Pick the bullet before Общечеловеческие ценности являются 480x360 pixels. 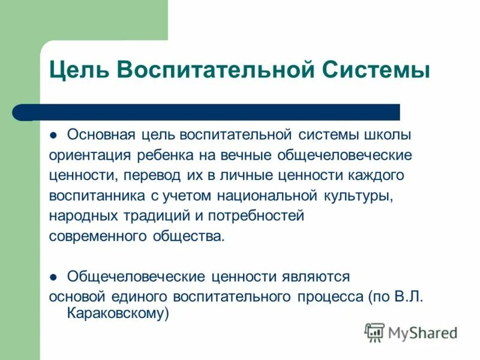[x=53, y=277]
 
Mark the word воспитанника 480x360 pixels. [x=97, y=196]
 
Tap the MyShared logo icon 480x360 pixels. [x=375, y=332]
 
